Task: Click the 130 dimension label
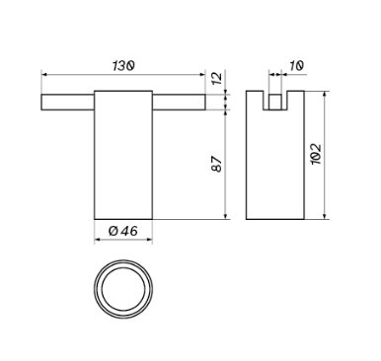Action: pos(123,65)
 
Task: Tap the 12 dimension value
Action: pos(217,79)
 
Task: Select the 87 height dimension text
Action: pos(217,164)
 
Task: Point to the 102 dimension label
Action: pos(317,154)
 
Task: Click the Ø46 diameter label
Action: pos(123,231)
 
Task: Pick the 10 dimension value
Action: pos(296,66)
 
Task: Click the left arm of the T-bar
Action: pos(68,102)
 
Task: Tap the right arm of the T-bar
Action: pos(179,102)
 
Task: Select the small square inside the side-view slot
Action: pos(275,102)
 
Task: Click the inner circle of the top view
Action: pos(123,267)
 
